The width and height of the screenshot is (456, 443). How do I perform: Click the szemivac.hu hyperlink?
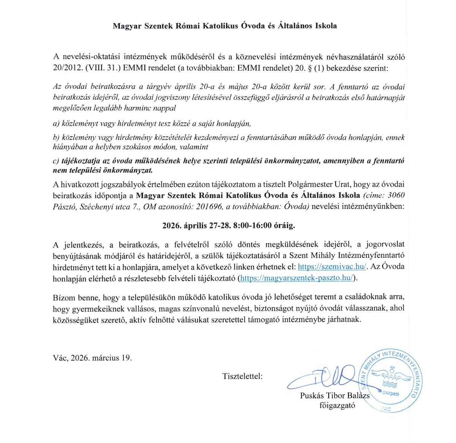[x=332, y=266]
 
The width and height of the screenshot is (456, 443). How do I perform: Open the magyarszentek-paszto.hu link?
[x=297, y=278]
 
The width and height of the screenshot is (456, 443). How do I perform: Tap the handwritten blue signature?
[x=323, y=378]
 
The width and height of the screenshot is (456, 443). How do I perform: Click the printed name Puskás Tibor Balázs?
[x=335, y=396]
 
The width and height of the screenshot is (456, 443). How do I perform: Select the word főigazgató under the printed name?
[x=337, y=405]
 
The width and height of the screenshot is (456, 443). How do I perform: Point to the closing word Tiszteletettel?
[x=242, y=377]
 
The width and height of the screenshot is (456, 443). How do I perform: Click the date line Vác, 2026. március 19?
[x=92, y=358]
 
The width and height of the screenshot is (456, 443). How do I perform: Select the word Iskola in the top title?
[x=324, y=26]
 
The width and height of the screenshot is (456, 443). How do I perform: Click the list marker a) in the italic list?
[x=56, y=123]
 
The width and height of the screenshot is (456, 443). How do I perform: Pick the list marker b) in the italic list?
[x=56, y=137]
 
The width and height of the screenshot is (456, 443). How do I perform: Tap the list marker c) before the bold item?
[x=56, y=161]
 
